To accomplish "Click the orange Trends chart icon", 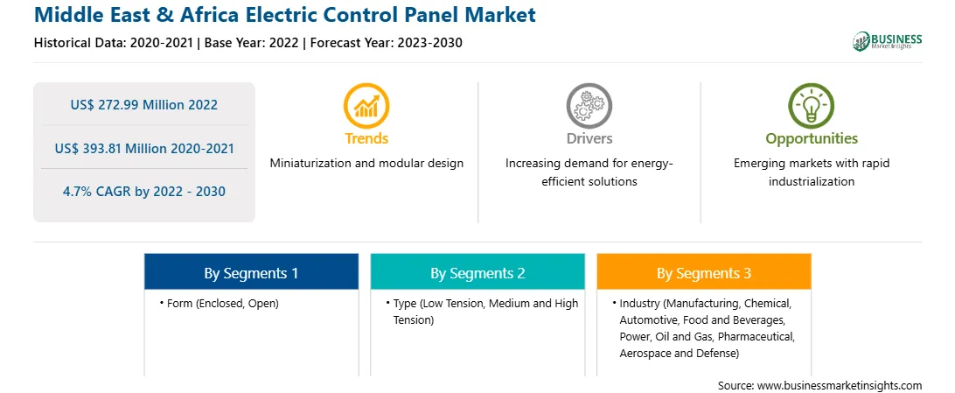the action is [366, 105].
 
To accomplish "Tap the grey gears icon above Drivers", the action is [589, 105].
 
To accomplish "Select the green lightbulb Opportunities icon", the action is [812, 105].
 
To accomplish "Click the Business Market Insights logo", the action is [887, 41].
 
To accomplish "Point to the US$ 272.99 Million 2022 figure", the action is [143, 105].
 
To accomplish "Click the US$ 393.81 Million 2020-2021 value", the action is [143, 148].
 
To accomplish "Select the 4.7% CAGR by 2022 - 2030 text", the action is [143, 192].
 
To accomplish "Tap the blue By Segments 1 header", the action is [251, 274].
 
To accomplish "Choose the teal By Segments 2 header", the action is [477, 274].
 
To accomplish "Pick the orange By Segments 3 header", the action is [704, 274].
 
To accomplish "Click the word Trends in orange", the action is [366, 138].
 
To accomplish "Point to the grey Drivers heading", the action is [589, 138].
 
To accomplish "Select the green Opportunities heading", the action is [812, 138].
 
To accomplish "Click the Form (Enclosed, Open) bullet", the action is [220, 304].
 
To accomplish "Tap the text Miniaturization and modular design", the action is [366, 164].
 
